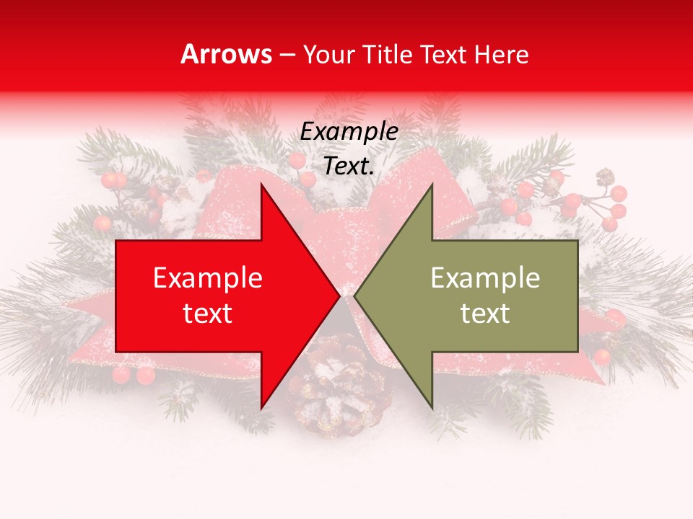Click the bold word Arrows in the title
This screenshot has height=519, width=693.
[x=227, y=54]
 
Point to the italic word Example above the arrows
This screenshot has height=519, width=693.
[x=349, y=131]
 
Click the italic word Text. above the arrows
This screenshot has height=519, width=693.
[x=349, y=166]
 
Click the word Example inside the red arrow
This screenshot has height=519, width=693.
[x=208, y=278]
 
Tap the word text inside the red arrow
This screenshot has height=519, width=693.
[x=208, y=314]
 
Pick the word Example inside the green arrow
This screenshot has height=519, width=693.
[x=485, y=278]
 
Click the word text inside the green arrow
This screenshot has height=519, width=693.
[x=485, y=314]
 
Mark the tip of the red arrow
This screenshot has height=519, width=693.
[x=339, y=296]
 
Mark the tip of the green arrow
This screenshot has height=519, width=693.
[x=354, y=296]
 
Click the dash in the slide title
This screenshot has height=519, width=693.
[x=287, y=55]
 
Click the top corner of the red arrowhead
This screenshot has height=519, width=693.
[x=261, y=185]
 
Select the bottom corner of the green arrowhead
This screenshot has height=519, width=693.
[x=432, y=408]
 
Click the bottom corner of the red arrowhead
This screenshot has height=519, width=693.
[x=261, y=408]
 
